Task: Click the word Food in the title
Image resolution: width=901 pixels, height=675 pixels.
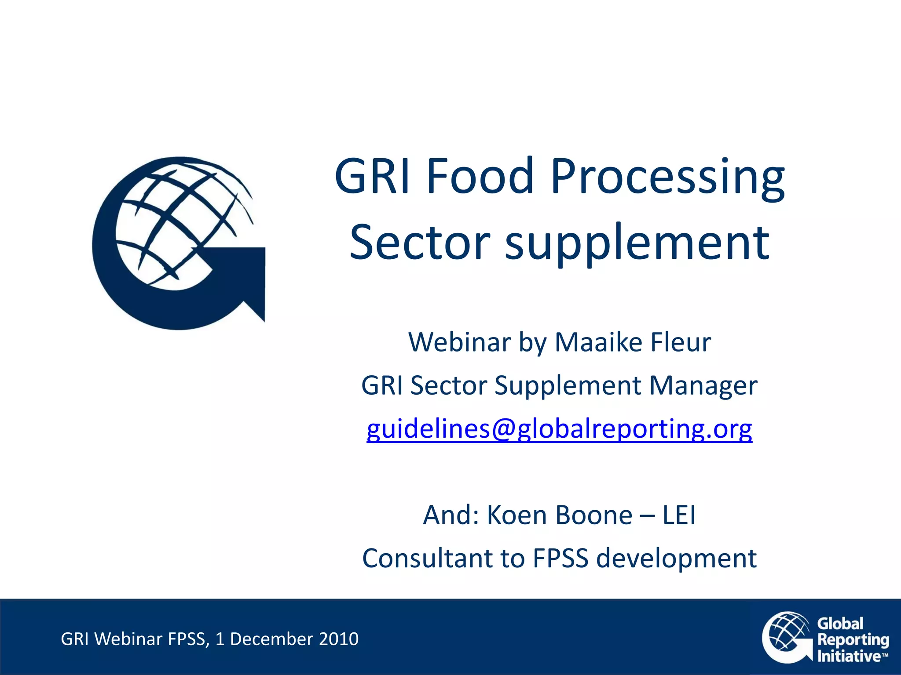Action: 480,177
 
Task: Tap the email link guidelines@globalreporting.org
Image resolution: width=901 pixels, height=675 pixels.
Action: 559,429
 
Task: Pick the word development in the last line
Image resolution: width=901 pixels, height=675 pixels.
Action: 676,559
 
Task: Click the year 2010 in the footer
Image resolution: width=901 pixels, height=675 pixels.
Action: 339,639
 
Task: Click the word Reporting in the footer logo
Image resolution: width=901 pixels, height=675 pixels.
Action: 853,640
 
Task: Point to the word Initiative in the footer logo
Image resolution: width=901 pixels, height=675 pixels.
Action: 849,656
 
